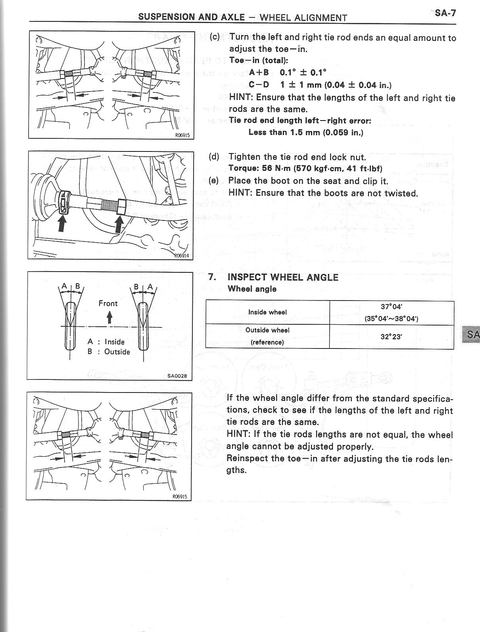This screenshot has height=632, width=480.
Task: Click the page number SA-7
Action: (445, 13)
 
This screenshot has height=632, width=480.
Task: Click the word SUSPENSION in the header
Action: (162, 17)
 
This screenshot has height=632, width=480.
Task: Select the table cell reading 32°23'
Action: (392, 337)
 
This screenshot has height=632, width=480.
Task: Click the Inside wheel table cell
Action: (267, 312)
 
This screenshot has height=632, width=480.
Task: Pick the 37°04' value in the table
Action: (392, 306)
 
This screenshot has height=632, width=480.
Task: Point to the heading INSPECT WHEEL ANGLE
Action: (283, 277)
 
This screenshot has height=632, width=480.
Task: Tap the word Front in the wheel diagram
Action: (108, 304)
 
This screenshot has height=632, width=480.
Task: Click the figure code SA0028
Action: (177, 376)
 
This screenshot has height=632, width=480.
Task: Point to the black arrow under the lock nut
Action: (120, 224)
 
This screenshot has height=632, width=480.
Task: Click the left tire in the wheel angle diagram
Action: (70, 326)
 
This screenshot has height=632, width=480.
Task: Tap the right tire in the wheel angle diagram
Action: (143, 326)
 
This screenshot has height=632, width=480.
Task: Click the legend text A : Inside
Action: (106, 342)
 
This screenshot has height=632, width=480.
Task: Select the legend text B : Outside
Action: (109, 352)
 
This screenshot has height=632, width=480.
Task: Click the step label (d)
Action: (214, 156)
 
